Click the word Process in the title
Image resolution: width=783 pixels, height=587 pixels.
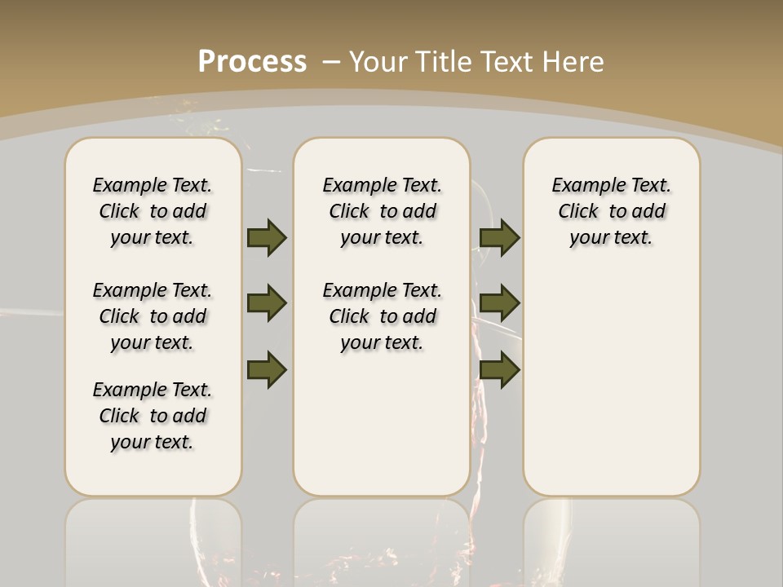252,62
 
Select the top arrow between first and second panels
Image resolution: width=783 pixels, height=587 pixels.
267,237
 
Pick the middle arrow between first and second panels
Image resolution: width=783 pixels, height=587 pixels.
267,303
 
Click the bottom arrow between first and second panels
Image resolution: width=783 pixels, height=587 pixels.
267,369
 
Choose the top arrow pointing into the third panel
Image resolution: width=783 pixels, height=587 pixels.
500,237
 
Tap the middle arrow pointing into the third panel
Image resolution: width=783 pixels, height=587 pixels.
500,303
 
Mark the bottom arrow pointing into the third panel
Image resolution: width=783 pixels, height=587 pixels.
500,369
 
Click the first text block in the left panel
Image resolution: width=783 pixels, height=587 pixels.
153,211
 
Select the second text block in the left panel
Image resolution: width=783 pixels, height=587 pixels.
153,316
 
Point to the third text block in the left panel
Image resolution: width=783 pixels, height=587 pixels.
153,416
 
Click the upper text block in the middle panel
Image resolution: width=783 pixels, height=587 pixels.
382,211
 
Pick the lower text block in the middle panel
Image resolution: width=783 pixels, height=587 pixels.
382,316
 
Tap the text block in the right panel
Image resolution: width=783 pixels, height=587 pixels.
611,211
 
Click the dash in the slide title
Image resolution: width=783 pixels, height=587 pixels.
331,62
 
